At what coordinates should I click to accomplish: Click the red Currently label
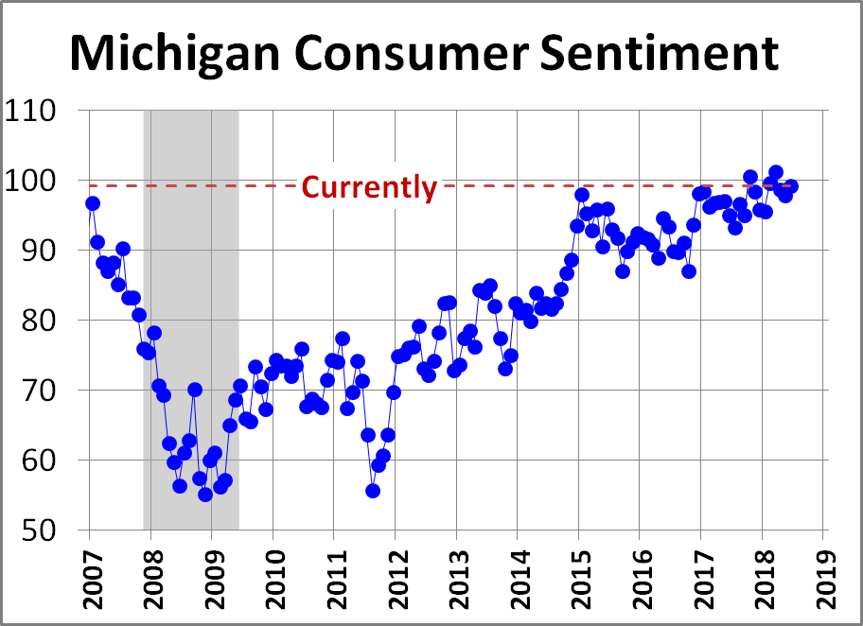[x=369, y=187]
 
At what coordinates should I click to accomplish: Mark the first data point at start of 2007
[x=92, y=203]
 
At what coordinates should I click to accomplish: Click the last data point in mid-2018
[x=791, y=186]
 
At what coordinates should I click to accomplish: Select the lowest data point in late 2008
[x=205, y=495]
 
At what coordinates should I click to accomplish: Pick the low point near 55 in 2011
[x=373, y=491]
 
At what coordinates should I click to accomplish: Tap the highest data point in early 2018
[x=776, y=172]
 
